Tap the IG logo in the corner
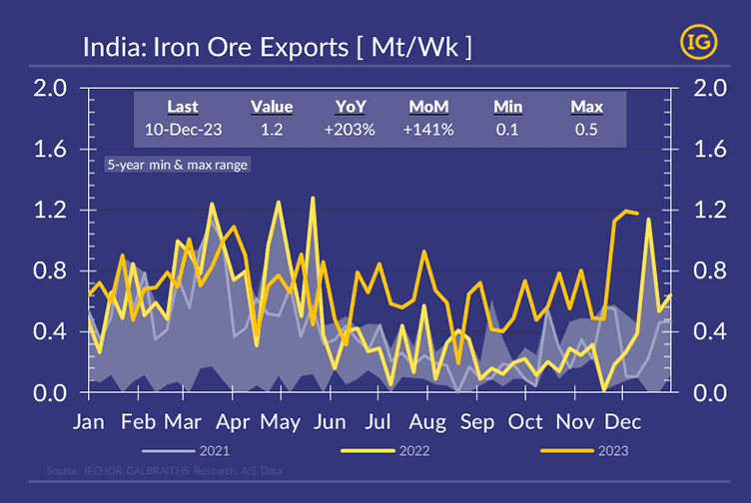[696, 42]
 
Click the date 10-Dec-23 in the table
[183, 130]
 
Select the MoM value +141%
[431, 130]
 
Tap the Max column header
[586, 107]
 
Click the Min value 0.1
[509, 130]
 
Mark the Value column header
[272, 107]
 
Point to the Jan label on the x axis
[90, 421]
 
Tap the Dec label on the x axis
[623, 421]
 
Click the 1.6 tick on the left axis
[49, 150]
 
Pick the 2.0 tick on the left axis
[49, 89]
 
